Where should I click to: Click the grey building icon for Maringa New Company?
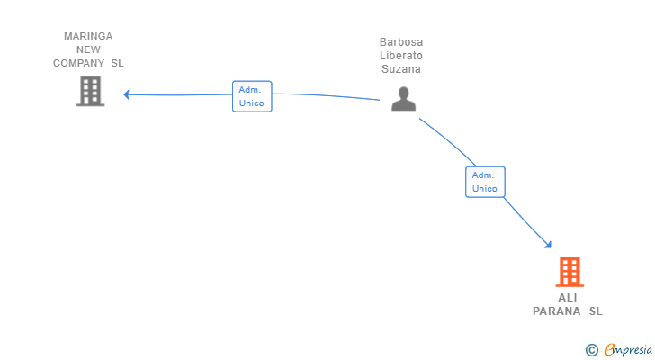[x=90, y=91]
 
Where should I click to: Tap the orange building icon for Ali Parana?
[x=570, y=272]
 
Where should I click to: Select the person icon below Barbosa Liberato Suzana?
[x=403, y=99]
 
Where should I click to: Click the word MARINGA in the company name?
[x=88, y=36]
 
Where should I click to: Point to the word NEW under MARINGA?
[x=88, y=49]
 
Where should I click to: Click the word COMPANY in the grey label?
[x=78, y=63]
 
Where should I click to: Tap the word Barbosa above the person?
[x=401, y=42]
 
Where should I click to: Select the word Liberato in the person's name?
[x=401, y=56]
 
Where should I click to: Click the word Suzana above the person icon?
[x=401, y=69]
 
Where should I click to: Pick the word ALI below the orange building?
[x=568, y=298]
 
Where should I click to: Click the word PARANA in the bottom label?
[x=557, y=311]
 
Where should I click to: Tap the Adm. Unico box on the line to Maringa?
[x=252, y=96]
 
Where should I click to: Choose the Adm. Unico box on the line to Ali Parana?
[x=485, y=182]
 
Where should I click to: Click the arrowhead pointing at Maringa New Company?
[x=126, y=94]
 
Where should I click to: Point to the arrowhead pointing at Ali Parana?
[x=549, y=245]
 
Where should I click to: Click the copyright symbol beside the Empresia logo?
[x=592, y=349]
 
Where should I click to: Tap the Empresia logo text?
[x=628, y=349]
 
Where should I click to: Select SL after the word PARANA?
[x=596, y=311]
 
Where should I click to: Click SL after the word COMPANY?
[x=117, y=63]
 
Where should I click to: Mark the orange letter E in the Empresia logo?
[x=610, y=349]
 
